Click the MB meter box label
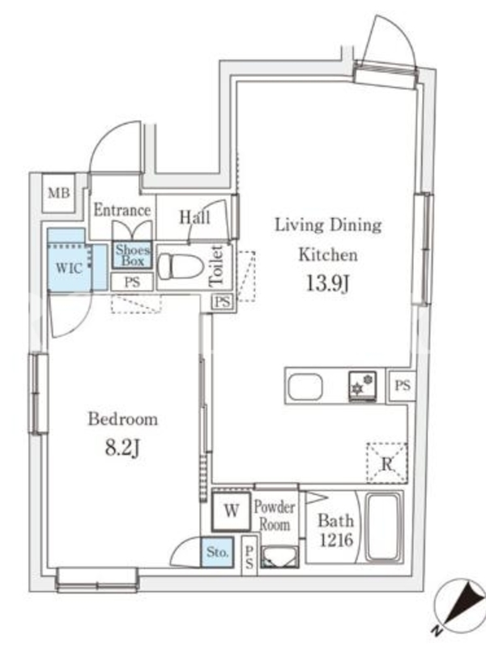[58, 193]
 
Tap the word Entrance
[122, 211]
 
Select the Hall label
[194, 217]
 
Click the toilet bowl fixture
[181, 266]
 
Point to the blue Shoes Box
[133, 255]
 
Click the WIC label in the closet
[69, 268]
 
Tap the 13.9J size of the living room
[327, 283]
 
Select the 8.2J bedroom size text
[123, 448]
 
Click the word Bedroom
[123, 419]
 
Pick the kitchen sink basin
[305, 387]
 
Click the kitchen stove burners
[362, 386]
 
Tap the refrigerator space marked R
[387, 463]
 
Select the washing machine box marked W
[232, 511]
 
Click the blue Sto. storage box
[217, 552]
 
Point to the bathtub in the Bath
[383, 527]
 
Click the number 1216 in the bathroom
[336, 539]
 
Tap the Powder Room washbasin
[279, 556]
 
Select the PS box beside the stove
[402, 386]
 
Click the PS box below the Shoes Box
[132, 282]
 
